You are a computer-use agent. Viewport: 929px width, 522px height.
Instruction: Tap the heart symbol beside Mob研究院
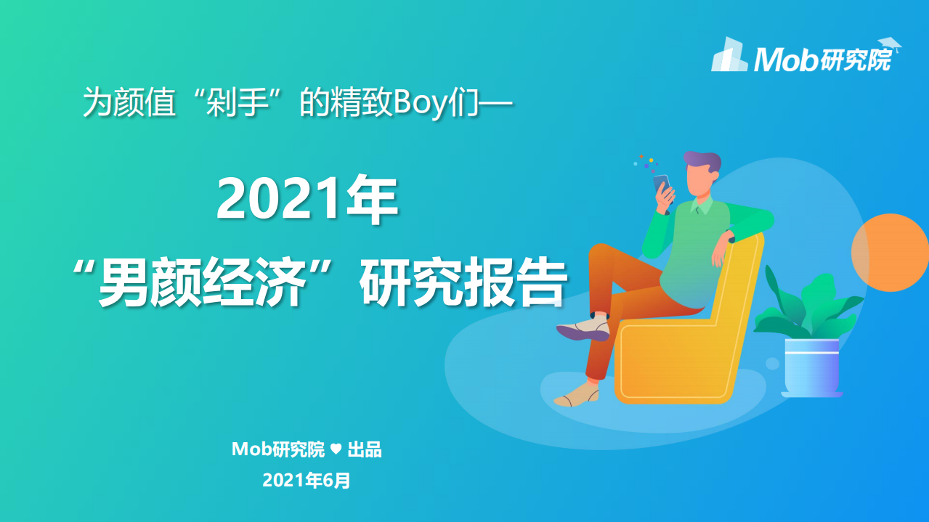tap(336, 449)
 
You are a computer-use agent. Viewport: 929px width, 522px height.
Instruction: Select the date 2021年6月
tap(307, 480)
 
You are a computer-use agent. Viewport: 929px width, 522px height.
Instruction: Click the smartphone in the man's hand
tap(661, 184)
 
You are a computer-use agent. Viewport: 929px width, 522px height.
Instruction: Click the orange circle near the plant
tap(890, 253)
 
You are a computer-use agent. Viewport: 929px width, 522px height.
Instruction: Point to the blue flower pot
tap(812, 367)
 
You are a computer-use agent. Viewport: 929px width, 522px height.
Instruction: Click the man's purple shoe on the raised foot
tap(583, 332)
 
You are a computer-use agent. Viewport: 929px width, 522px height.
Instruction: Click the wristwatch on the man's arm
tap(731, 237)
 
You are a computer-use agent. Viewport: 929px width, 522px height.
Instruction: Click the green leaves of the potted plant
tap(806, 305)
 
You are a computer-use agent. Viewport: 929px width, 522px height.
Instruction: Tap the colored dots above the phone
tap(644, 161)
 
